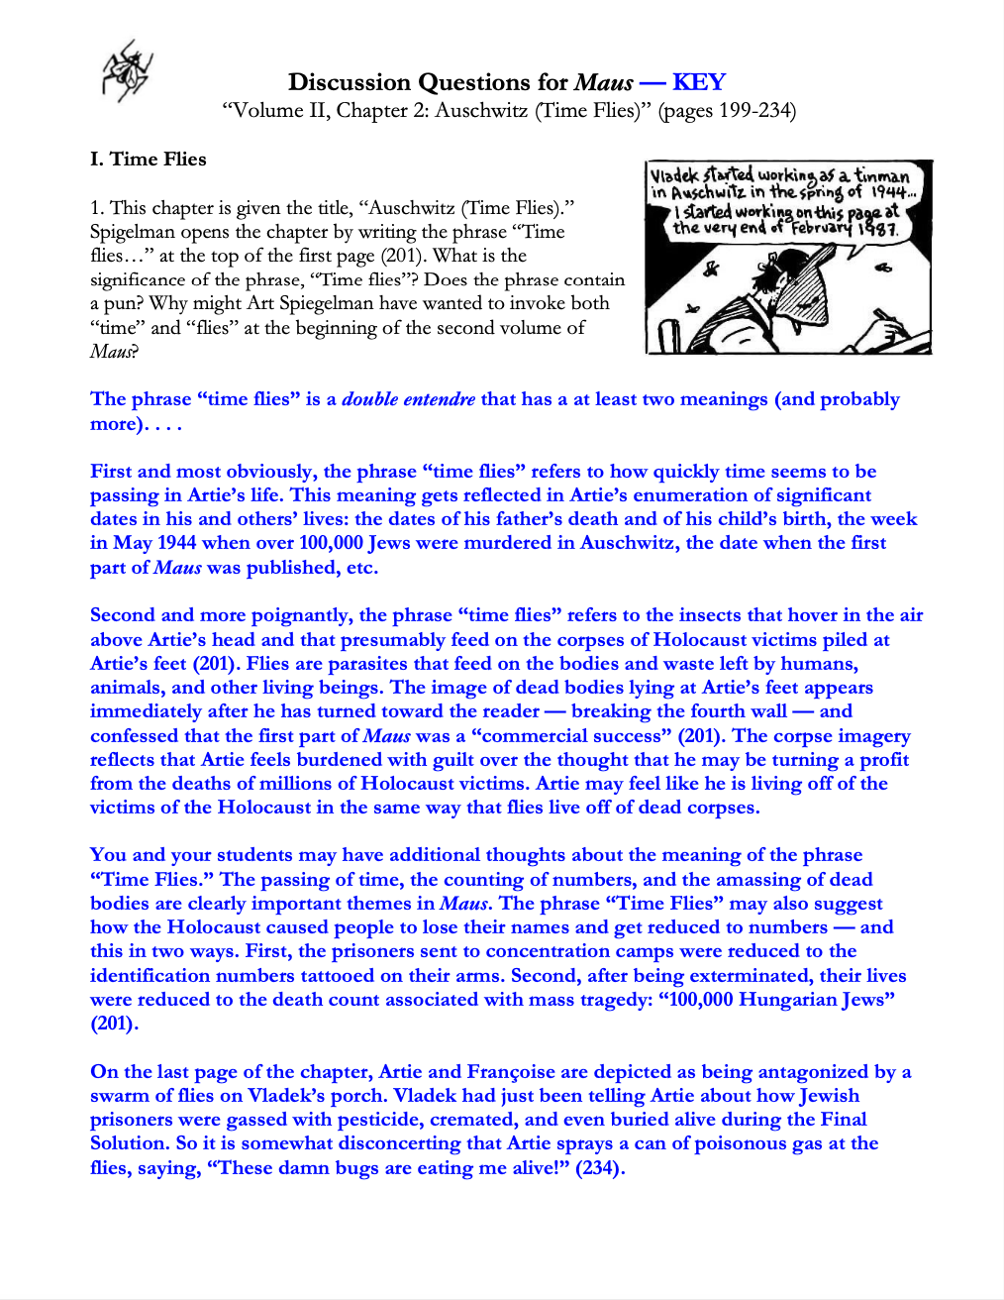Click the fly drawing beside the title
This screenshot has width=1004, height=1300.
pos(126,71)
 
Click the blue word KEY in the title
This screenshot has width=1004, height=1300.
pos(698,82)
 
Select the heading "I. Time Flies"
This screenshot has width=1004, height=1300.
pos(149,160)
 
